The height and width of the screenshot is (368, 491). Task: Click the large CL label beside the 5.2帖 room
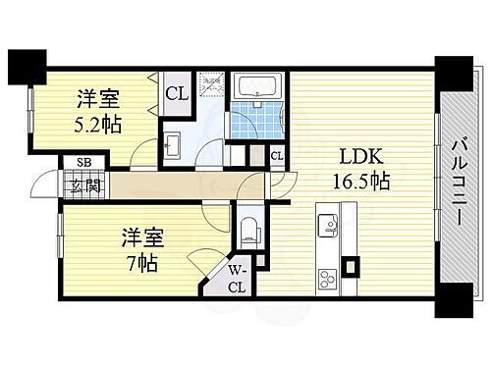pos(176,94)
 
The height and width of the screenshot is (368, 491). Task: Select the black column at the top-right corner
pos(453,73)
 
